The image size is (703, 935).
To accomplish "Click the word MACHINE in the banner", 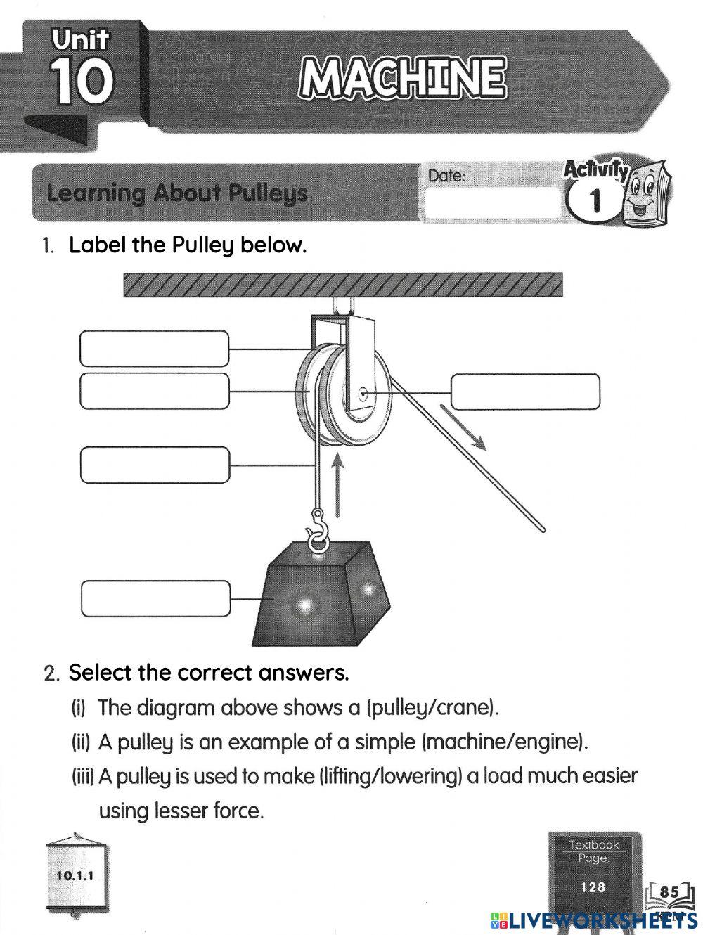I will [401, 79].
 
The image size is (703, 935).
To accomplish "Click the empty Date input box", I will [492, 203].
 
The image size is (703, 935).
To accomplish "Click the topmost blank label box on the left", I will [154, 349].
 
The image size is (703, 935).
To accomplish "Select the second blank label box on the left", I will [154, 391].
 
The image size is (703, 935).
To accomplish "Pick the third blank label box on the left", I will [155, 465].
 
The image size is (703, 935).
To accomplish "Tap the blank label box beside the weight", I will [155, 598].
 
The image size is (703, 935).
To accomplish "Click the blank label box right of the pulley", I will [525, 392].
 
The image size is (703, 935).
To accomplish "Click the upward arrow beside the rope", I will [338, 485].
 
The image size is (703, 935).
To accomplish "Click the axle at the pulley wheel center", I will [362, 393].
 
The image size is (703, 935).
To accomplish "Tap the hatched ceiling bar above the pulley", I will [342, 285].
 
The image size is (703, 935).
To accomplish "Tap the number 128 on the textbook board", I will [593, 887].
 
